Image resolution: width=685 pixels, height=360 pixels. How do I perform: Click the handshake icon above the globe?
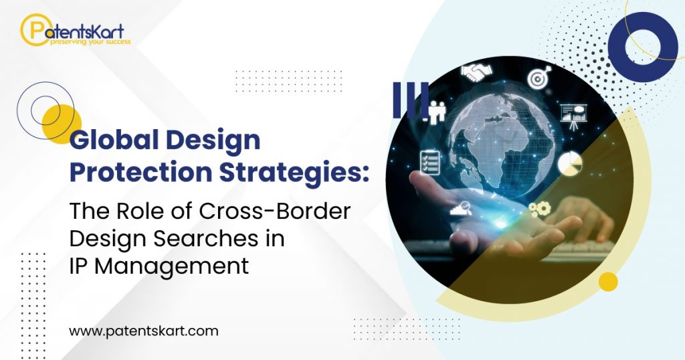(x=476, y=72)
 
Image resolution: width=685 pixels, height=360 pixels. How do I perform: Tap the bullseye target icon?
(x=539, y=78)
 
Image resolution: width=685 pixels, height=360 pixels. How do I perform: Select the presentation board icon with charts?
(x=573, y=116)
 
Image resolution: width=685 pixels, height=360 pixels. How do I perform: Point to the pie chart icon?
(x=570, y=163)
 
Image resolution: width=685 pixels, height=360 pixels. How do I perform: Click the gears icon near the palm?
(x=540, y=208)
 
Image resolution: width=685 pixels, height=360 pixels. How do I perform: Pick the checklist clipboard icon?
(x=430, y=162)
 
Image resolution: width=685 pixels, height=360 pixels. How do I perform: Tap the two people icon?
(x=436, y=112)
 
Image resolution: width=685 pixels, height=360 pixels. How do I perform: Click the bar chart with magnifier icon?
(x=461, y=208)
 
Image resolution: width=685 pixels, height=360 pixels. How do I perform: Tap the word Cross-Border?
(x=275, y=211)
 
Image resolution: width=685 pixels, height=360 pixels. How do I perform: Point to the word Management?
(x=172, y=266)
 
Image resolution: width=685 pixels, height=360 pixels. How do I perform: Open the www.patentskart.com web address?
(x=143, y=331)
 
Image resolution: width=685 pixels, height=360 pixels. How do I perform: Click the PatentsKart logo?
(x=75, y=30)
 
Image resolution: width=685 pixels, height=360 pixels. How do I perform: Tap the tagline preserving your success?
(x=90, y=42)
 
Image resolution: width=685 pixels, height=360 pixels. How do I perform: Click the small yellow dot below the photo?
(x=608, y=281)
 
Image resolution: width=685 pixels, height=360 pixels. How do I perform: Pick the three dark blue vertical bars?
(x=410, y=100)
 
